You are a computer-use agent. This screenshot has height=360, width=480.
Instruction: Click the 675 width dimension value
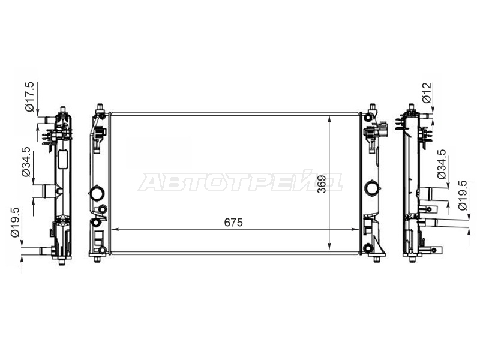coord(233,223)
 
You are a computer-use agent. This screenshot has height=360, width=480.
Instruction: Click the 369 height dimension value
coord(322,184)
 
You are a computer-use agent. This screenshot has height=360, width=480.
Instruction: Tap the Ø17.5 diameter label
coord(29,97)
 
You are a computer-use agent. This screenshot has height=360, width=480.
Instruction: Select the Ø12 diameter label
coord(427,93)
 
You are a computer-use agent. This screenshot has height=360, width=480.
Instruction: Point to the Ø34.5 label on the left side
coord(26,161)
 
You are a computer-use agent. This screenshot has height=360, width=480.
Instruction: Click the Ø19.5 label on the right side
coord(463,195)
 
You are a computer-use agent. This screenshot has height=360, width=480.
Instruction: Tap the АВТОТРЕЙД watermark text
coord(239,181)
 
